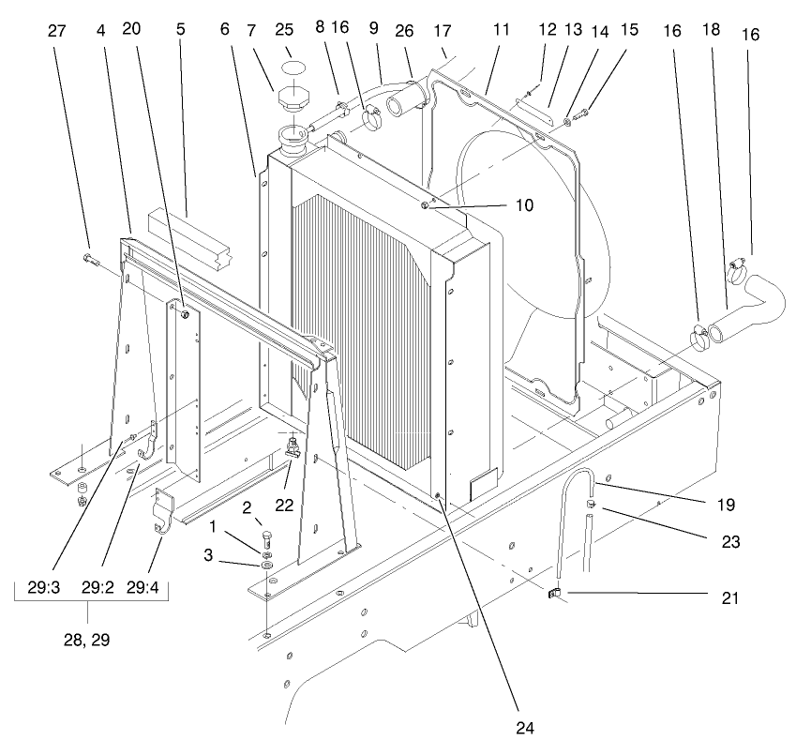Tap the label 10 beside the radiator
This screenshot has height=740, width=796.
524,204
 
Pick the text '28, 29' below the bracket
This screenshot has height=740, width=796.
87,641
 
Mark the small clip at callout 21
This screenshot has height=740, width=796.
554,592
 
